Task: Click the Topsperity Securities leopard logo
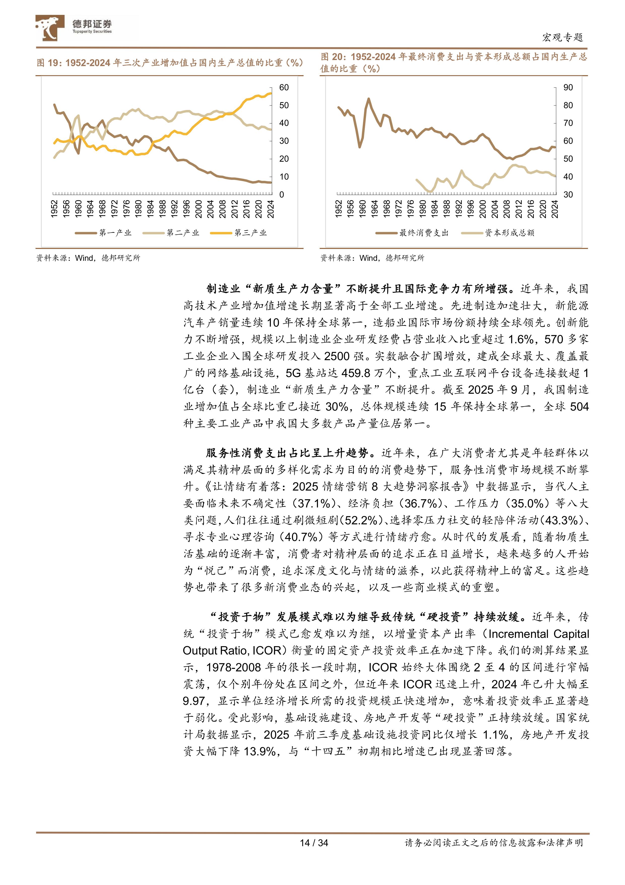coord(49,28)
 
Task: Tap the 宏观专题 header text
coord(562,37)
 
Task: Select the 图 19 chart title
coord(170,63)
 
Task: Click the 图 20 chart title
coord(453,63)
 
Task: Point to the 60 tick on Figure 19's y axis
coord(284,88)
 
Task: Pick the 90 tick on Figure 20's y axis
coord(568,88)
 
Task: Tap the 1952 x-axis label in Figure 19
coord(54,209)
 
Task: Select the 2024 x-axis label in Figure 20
coord(555,209)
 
